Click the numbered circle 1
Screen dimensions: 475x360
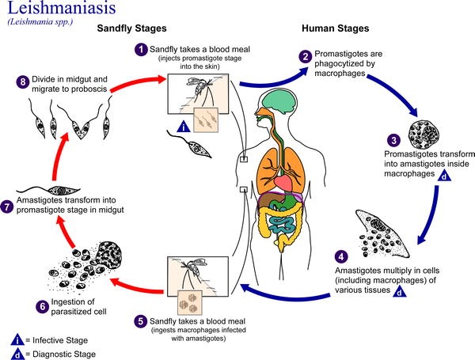tap(141, 50)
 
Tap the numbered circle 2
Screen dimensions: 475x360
tap(306, 57)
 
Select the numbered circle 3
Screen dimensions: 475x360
tap(393, 140)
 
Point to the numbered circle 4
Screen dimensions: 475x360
tap(341, 257)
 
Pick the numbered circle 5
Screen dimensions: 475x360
tap(141, 321)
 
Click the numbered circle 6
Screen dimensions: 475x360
tap(43, 306)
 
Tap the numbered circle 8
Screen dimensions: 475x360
tap(23, 82)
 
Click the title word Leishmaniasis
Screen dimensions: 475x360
tap(62, 8)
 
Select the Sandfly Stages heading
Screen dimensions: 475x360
tap(131, 28)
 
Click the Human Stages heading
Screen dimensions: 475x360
tap(336, 28)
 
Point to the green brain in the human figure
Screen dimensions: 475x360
tap(279, 103)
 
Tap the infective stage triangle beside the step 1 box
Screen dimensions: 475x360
tap(184, 127)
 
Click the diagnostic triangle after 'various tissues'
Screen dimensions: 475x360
tap(399, 291)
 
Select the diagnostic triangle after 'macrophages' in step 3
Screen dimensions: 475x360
tap(444, 176)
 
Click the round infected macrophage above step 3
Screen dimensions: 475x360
tap(424, 134)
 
